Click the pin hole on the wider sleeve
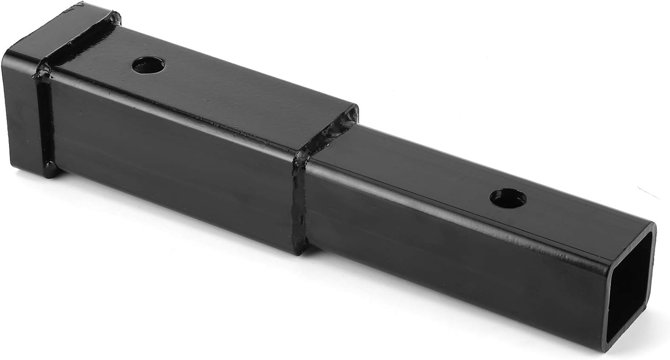coord(148,66)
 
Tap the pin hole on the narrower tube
coord(507,198)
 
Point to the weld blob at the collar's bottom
coord(50,170)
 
